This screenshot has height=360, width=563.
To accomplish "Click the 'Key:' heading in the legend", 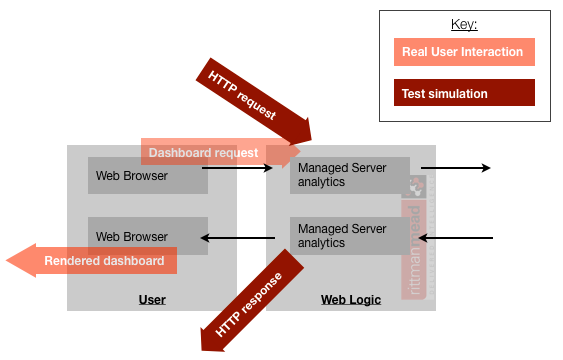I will click(464, 24).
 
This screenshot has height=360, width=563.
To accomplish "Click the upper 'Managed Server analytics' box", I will click(350, 176).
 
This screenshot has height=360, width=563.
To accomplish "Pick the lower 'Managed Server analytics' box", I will click(350, 236).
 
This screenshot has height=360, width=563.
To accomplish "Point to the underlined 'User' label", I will click(152, 299).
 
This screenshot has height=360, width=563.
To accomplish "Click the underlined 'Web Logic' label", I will click(350, 299).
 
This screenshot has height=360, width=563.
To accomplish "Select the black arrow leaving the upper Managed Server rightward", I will click(456, 168).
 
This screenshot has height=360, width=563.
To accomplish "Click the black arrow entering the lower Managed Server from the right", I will click(458, 238).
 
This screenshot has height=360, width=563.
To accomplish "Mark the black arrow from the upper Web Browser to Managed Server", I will click(238, 168).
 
